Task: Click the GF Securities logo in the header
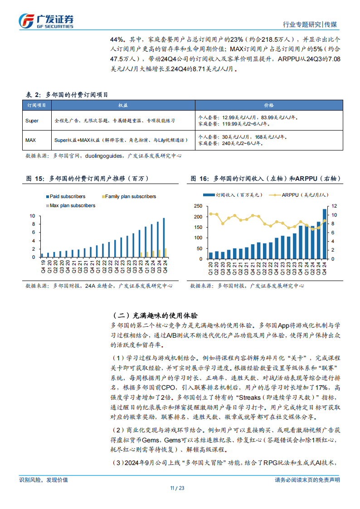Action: tap(46, 20)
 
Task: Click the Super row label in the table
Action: tap(32, 121)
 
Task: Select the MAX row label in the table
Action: tap(31, 140)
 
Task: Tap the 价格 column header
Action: tap(269, 105)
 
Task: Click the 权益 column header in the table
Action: tap(123, 105)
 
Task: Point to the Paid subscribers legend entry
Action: tap(65, 196)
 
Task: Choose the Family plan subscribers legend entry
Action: tap(128, 196)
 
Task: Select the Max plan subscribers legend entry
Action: tap(70, 205)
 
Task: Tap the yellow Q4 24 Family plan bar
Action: tap(166, 252)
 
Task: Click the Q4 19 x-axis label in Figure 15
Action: tap(42, 264)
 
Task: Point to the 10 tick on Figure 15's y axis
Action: tap(32, 216)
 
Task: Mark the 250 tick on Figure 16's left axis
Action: tap(198, 206)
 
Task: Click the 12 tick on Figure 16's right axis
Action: tap(335, 206)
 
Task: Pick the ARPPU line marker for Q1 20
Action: tap(210, 214)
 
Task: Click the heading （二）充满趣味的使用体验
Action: tap(154, 315)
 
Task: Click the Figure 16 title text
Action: tap(265, 179)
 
